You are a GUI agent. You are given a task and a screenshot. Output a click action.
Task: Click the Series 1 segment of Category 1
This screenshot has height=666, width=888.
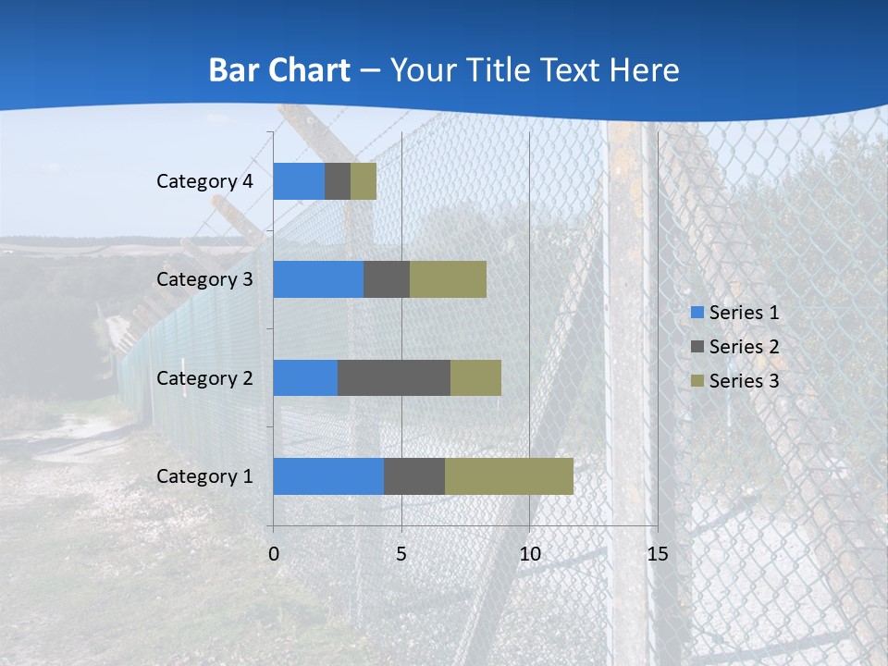[328, 476]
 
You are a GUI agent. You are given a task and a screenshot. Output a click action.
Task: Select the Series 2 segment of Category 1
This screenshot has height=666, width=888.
[414, 476]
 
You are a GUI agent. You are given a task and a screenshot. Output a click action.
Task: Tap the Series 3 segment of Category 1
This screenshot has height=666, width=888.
[509, 476]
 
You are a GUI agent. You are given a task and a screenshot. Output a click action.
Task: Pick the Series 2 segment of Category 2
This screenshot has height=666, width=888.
[394, 377]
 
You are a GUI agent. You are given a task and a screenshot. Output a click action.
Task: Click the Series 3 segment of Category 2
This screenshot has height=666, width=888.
[475, 377]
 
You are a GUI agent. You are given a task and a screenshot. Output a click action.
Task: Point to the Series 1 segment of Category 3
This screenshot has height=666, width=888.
[318, 279]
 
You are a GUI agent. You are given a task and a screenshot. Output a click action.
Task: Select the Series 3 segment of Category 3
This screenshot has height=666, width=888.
[448, 279]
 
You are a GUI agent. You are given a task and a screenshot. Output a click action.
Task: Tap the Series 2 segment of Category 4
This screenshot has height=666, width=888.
[338, 181]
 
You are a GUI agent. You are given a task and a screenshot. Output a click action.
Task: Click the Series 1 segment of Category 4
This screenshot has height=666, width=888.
[299, 181]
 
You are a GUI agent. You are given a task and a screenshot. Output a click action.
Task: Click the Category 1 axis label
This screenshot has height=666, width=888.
[204, 476]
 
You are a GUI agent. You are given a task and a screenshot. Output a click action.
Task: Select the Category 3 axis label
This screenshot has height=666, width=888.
[204, 279]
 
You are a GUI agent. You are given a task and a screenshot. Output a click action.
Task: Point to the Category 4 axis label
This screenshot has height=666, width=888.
[204, 181]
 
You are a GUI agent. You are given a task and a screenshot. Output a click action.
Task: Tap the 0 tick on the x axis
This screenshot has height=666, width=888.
[274, 554]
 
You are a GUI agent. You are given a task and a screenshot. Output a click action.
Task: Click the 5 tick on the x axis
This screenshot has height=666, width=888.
[401, 554]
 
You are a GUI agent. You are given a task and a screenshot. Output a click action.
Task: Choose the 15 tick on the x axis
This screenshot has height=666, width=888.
[657, 554]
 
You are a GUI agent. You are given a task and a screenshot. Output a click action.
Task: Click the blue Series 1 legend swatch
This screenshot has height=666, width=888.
[697, 313]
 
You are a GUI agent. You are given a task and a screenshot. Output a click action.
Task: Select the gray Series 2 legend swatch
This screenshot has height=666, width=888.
[697, 347]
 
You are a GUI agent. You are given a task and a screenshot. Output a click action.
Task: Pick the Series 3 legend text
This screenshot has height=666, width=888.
[744, 381]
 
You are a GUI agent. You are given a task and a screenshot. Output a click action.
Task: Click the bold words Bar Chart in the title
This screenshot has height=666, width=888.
[279, 70]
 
